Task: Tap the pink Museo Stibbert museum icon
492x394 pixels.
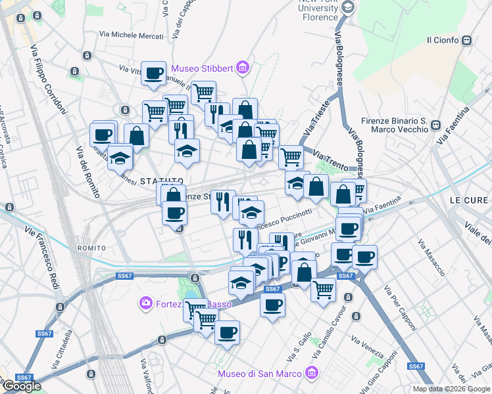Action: tap(243, 67)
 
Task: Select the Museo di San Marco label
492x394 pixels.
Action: tap(259, 374)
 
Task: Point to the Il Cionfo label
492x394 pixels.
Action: tap(443, 40)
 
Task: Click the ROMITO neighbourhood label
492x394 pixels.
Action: tap(91, 248)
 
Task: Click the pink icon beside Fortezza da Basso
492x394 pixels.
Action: tap(145, 303)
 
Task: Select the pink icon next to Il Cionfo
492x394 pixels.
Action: tap(468, 40)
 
